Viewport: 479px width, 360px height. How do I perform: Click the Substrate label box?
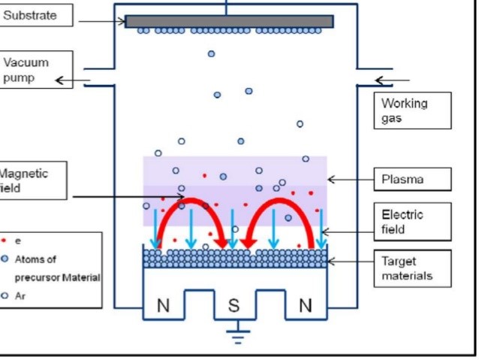click(x=37, y=15)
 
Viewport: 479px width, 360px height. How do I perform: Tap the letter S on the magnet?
click(x=234, y=306)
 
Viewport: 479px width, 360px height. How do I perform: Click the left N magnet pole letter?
click(x=163, y=306)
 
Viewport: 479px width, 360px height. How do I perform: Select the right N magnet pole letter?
click(x=305, y=306)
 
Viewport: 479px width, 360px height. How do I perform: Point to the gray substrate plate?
click(x=228, y=21)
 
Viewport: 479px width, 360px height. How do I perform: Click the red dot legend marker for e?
click(x=7, y=242)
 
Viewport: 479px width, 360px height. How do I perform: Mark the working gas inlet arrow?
click(x=392, y=80)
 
